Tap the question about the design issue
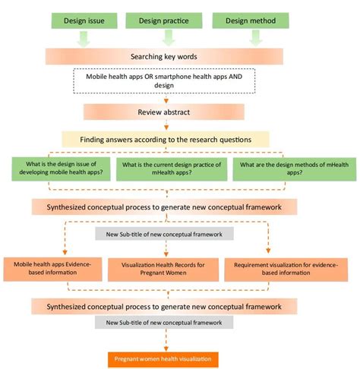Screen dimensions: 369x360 pos(62,171)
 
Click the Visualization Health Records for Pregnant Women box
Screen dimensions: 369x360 pos(159,270)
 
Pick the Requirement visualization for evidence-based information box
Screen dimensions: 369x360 pos(276,269)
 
